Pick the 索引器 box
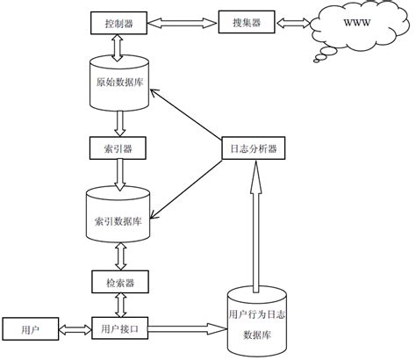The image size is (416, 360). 118,147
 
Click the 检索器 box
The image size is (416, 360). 118,282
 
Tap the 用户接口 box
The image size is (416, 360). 118,328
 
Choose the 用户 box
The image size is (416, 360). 28,328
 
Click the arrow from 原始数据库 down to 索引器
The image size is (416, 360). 118,122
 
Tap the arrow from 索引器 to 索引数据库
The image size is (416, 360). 118,173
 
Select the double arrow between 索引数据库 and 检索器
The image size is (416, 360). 118,257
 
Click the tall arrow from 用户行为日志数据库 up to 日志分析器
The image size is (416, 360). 256,228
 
